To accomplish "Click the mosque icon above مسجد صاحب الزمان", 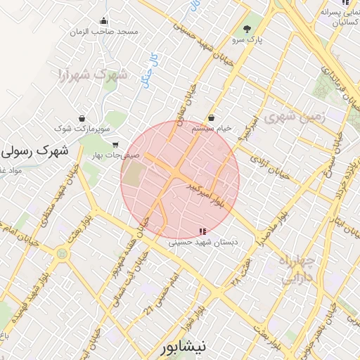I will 104,20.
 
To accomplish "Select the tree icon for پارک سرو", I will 247,29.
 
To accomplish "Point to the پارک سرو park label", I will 249,40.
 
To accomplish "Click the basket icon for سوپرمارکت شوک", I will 83,118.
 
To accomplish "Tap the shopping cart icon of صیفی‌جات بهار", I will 115,145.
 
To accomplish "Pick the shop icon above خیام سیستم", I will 212,118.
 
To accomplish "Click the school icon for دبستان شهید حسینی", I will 202,231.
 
